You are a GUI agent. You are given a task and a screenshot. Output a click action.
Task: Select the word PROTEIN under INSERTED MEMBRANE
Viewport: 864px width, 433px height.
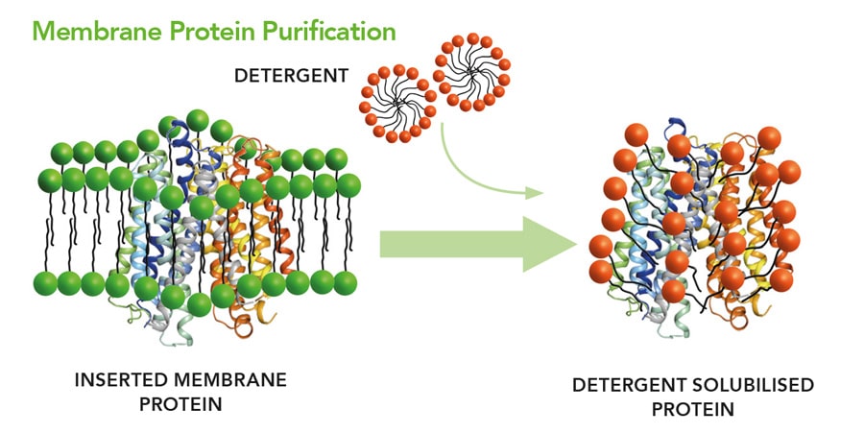pyautogui.click(x=180, y=403)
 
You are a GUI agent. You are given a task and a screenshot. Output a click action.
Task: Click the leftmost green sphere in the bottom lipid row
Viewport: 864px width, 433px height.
pyautogui.click(x=46, y=283)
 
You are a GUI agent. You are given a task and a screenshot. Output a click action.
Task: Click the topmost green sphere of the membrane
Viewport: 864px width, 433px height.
pyautogui.click(x=198, y=120)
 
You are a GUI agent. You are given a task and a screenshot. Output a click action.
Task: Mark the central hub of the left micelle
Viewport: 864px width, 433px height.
pyautogui.click(x=396, y=100)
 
